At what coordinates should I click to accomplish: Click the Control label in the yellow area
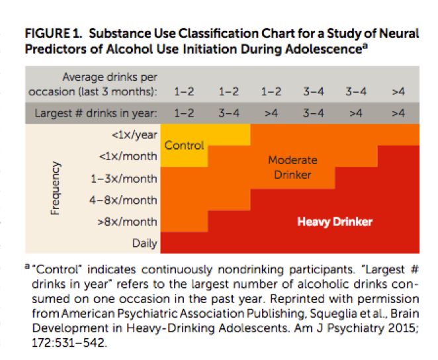pos(184,146)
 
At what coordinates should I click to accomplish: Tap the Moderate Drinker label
pos(292,167)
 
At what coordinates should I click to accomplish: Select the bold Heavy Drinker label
pos(335,222)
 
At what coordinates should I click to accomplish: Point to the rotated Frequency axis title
pos(56,189)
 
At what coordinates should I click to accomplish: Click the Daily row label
pos(145,244)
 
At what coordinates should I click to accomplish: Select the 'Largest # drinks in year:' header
pos(96,113)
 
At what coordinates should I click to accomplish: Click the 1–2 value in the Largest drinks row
pos(183,113)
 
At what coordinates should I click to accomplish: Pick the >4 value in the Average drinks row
pos(398,91)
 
